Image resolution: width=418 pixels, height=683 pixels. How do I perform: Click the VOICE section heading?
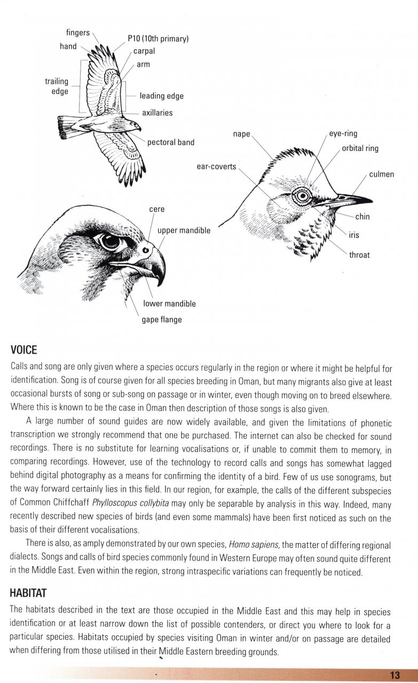24,350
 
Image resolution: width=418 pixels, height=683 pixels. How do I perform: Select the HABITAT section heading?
29,593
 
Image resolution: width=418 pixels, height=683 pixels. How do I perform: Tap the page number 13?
395,675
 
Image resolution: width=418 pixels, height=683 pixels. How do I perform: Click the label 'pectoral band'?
170,142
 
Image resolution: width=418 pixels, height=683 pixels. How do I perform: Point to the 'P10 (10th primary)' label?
159,39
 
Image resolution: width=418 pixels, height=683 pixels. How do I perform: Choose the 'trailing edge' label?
57,86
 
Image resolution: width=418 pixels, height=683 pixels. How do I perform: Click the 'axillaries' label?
157,113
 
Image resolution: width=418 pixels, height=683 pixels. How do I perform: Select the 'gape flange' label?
161,320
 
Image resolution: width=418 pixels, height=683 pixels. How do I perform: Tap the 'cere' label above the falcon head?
156,209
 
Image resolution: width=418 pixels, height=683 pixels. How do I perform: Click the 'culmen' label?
381,174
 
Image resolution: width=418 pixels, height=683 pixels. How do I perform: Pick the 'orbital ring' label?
360,148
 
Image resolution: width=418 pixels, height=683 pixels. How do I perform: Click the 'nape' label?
241,134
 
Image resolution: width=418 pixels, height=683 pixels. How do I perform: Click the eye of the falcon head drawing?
110,241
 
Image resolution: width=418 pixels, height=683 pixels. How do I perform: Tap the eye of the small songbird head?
303,196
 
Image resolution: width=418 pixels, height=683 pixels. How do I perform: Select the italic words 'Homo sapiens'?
251,545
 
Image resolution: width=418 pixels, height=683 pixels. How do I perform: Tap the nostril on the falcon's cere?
145,249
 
